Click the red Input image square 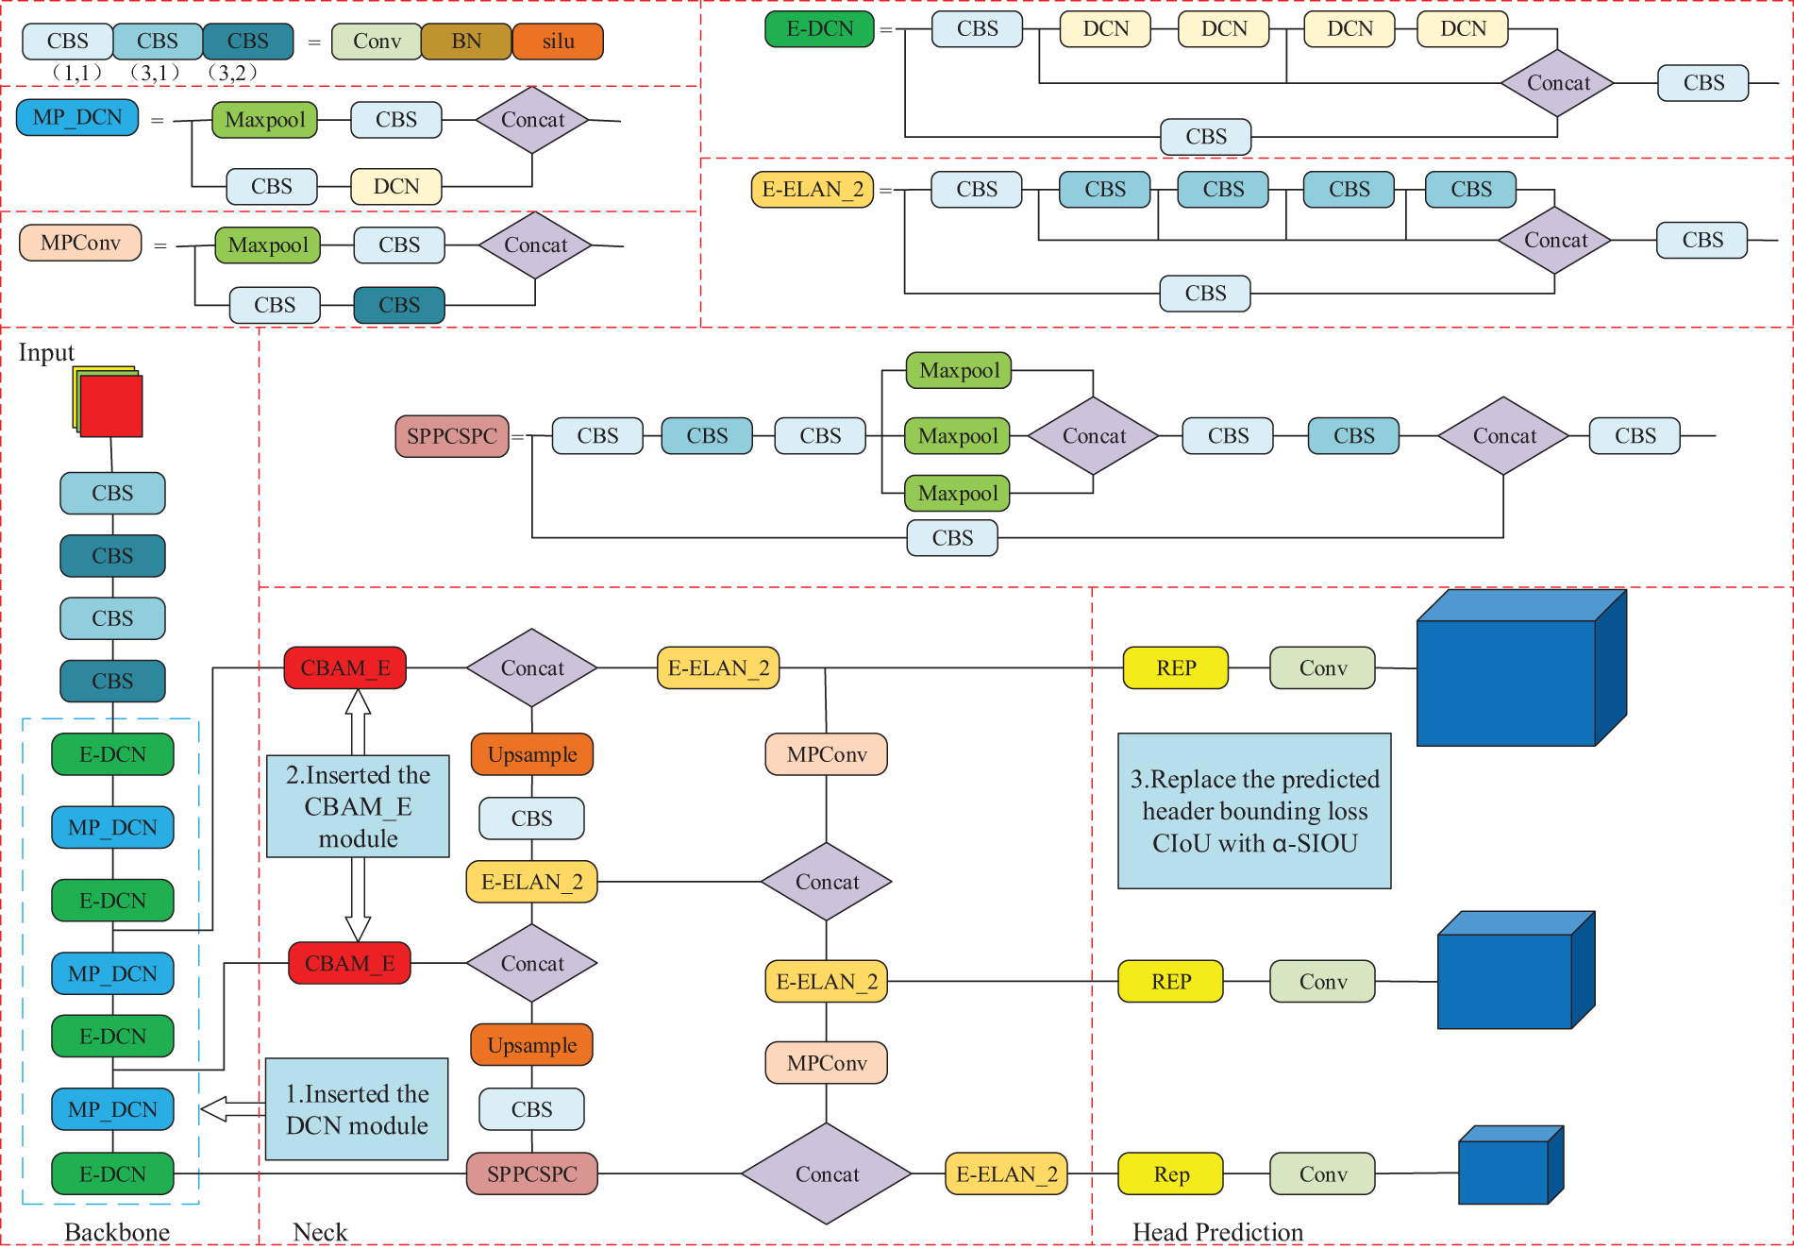tap(111, 406)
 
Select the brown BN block tap(466, 42)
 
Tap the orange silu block tap(558, 42)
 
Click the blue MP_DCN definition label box tap(77, 118)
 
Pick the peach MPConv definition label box tap(80, 243)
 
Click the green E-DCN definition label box tap(819, 29)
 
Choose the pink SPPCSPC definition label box tap(451, 436)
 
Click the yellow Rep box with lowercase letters tap(1170, 1174)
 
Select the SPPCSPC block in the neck tap(531, 1174)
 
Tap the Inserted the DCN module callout tap(357, 1109)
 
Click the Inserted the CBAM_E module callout tap(358, 806)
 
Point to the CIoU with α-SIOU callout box tap(1254, 811)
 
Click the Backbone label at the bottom tap(117, 1232)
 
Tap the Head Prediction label tap(1217, 1232)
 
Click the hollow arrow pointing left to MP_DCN tap(232, 1109)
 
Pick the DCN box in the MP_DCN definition tap(395, 187)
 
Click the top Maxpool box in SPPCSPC tap(959, 370)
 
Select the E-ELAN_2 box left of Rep tap(1006, 1174)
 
